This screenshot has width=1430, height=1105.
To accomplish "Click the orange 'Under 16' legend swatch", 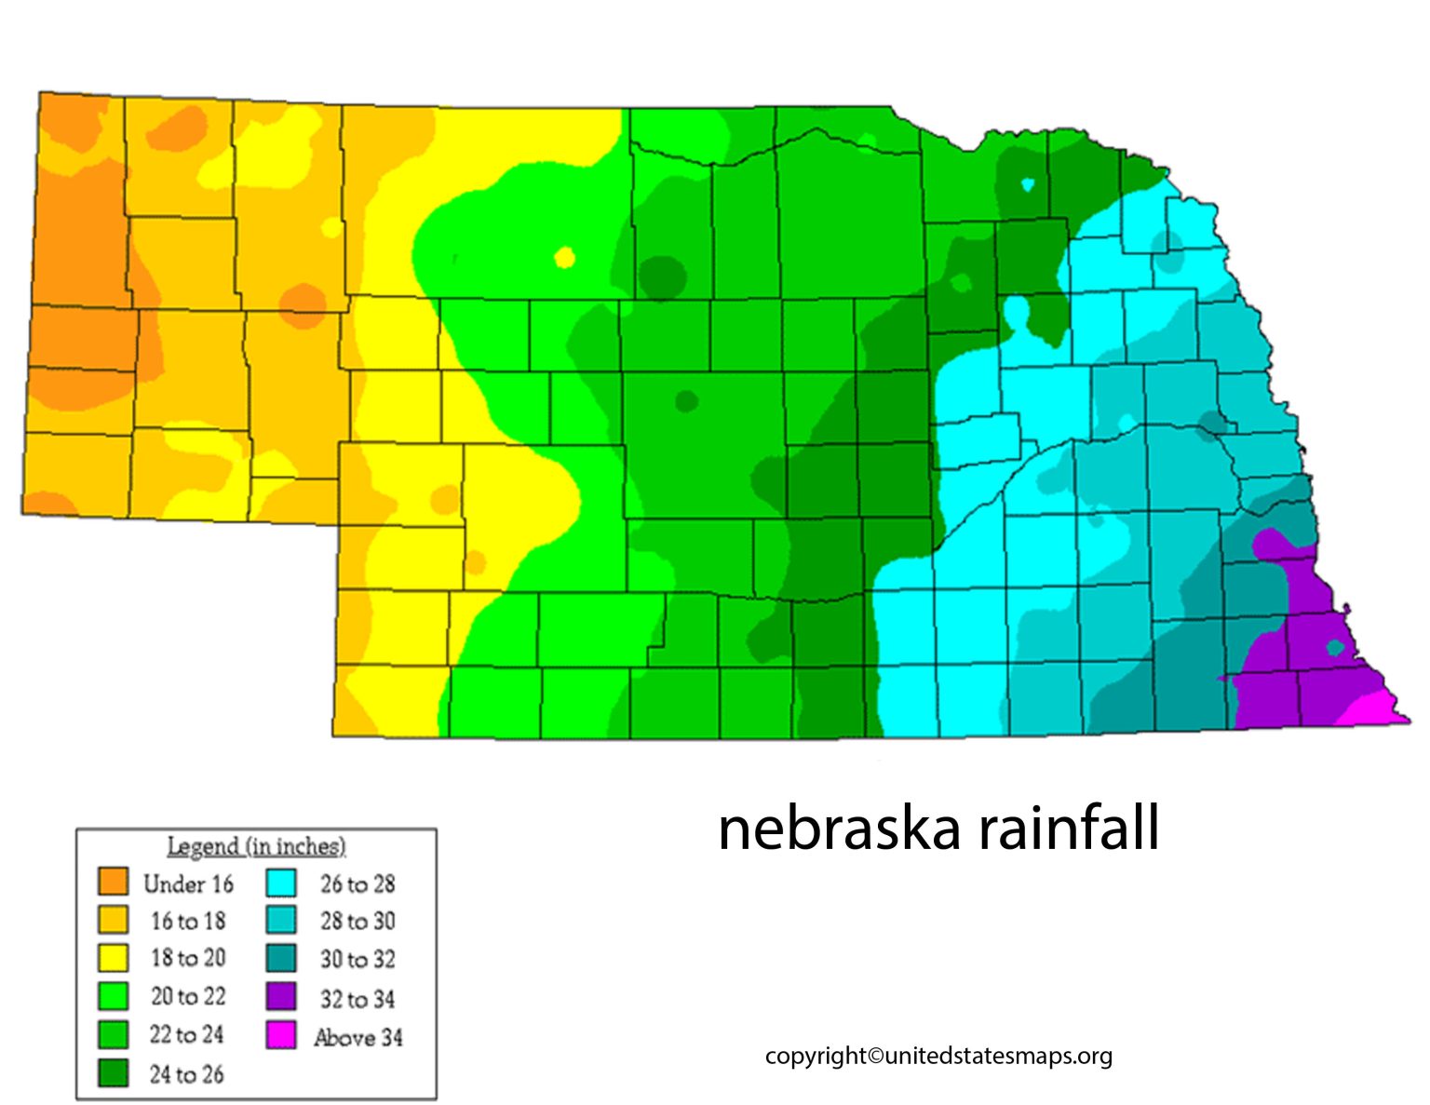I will pyautogui.click(x=113, y=881).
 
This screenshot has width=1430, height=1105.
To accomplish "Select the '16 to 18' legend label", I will pyautogui.click(x=188, y=921).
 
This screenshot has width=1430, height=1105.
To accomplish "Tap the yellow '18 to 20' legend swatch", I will pyautogui.click(x=113, y=957).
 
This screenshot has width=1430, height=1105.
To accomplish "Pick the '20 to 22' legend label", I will pyautogui.click(x=188, y=996).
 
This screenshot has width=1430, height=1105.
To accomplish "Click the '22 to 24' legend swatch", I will pyautogui.click(x=113, y=1034).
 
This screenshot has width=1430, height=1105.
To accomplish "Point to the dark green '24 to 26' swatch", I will pyautogui.click(x=113, y=1073).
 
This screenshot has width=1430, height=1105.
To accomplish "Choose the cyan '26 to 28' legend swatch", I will pyautogui.click(x=281, y=882).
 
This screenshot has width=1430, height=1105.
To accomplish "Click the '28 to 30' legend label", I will pyautogui.click(x=357, y=921).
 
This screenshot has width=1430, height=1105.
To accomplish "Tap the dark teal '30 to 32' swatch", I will pyautogui.click(x=281, y=958).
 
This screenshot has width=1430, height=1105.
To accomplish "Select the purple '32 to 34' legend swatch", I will pyautogui.click(x=281, y=997).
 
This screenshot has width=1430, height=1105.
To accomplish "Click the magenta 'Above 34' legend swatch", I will pyautogui.click(x=281, y=1035).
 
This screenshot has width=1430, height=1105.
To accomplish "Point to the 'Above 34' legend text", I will pyautogui.click(x=358, y=1037).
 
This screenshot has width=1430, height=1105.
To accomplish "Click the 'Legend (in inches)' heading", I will pyautogui.click(x=256, y=846).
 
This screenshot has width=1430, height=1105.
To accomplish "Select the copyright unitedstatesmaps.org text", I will pyautogui.click(x=938, y=1056).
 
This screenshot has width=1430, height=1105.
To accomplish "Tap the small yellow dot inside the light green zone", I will pyautogui.click(x=564, y=258).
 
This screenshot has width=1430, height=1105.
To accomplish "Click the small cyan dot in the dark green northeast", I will pyautogui.click(x=1027, y=184).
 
